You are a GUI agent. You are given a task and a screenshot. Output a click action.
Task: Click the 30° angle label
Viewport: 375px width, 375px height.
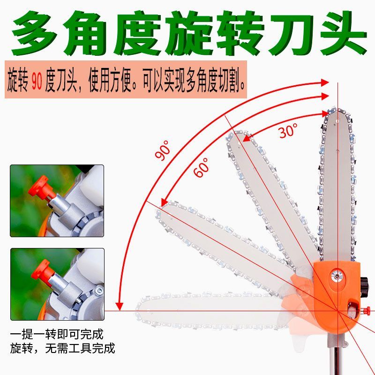288,130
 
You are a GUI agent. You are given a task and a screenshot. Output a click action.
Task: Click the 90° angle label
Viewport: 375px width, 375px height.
163,150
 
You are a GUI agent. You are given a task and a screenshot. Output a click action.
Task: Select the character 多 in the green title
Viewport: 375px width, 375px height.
36,33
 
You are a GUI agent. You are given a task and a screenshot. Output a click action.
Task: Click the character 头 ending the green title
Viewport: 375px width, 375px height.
343,33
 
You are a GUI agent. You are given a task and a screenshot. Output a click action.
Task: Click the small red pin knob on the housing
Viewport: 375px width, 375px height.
366,311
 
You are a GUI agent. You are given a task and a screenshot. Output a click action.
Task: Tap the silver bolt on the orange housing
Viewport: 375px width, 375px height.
337,276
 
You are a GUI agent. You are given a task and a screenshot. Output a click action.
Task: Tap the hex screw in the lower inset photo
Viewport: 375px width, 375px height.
99,291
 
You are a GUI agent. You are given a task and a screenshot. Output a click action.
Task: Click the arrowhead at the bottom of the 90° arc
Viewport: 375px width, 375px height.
119,307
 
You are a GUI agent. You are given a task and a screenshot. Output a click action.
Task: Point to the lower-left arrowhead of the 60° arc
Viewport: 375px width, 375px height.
164,202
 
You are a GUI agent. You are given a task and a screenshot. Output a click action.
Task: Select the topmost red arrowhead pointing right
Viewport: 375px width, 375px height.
325,82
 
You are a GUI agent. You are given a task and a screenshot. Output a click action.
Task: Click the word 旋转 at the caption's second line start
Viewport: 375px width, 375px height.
22,348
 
